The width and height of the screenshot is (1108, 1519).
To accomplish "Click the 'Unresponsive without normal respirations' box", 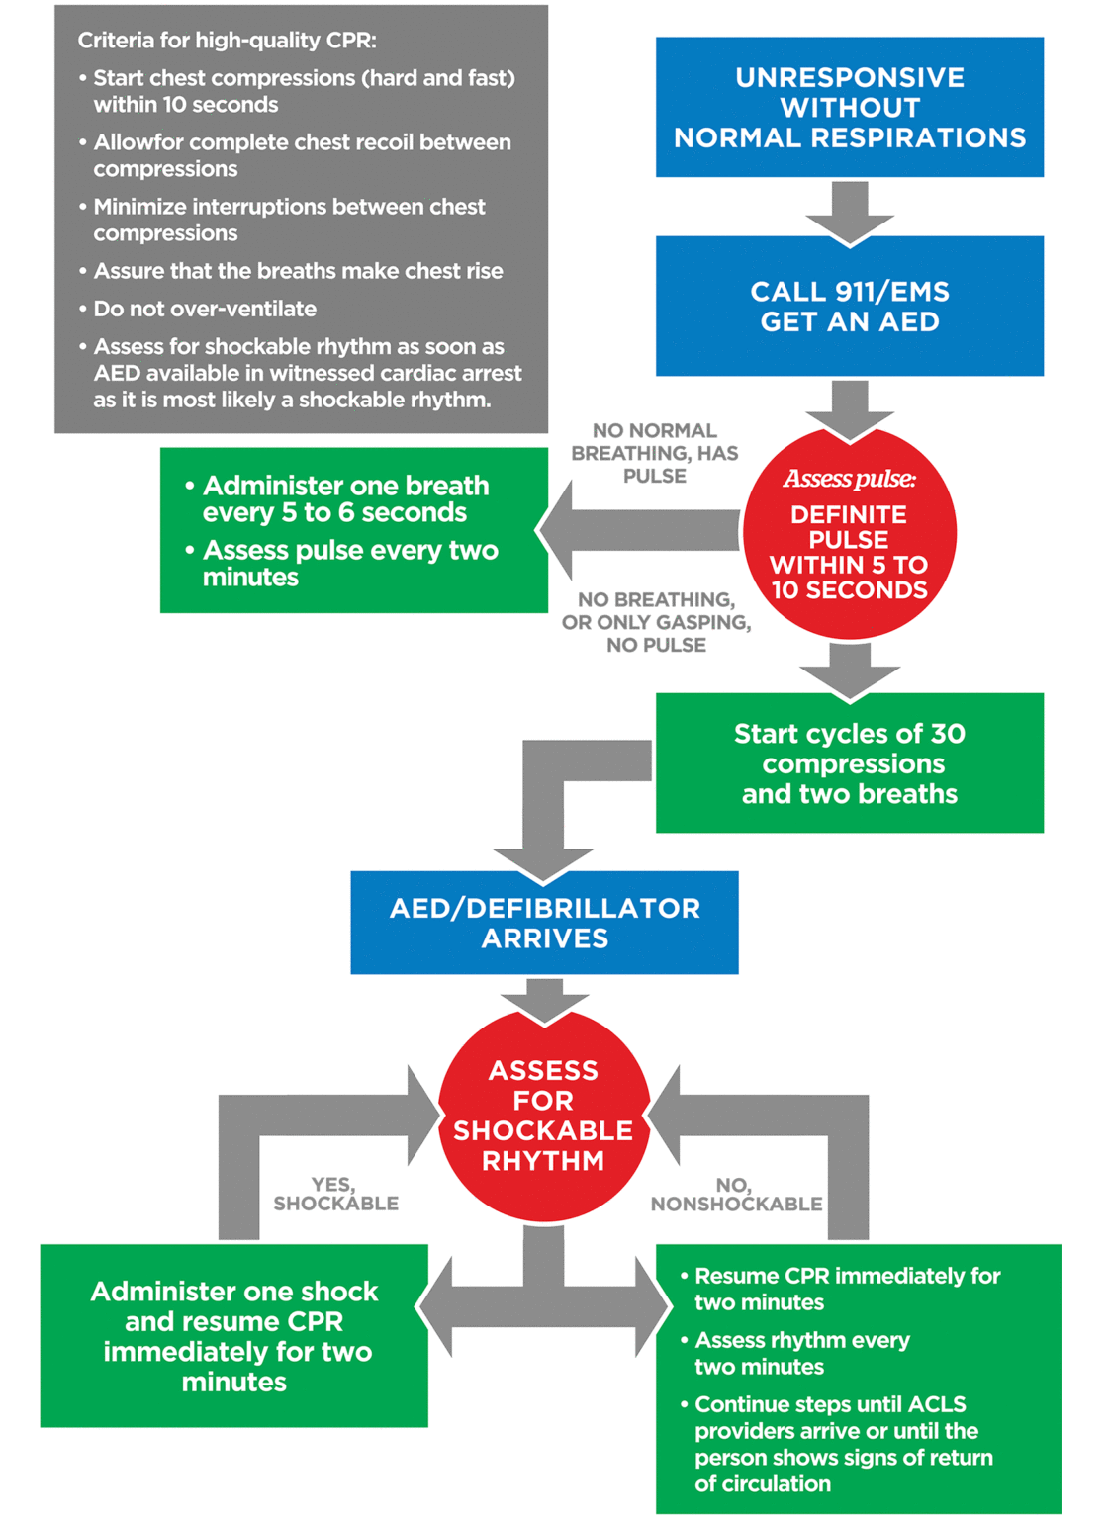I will point(849,107).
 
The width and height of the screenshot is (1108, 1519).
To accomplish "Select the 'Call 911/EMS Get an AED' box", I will point(849,306).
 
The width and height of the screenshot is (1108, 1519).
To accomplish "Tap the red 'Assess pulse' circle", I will point(849,534).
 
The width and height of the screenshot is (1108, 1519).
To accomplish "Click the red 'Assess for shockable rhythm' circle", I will point(543,1116).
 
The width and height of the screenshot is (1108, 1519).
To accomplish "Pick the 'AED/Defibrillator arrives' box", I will point(544,923).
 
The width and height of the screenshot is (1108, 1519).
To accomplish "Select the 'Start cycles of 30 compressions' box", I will point(849,762).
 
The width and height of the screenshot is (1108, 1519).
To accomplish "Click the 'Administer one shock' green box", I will point(234,1335).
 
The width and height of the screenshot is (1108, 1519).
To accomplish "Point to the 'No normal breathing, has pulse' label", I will point(654,453).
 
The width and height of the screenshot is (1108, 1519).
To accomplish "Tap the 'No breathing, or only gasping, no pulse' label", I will point(656,622).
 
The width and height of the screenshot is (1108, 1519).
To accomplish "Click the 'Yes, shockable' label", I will point(335,1194).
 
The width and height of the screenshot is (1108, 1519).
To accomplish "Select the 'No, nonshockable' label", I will point(736,1194).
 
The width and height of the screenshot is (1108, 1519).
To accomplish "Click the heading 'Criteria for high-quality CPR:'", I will point(227,41).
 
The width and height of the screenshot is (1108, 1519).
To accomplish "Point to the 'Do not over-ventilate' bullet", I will point(205,309).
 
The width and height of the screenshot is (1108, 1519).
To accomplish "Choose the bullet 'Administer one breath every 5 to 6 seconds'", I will point(344,498).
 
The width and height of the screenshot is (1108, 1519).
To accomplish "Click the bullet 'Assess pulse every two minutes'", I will point(349,563).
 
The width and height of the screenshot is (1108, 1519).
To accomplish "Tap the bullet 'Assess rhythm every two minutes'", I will point(801,1353).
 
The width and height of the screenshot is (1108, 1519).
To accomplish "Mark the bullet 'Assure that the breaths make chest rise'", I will point(298,271).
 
